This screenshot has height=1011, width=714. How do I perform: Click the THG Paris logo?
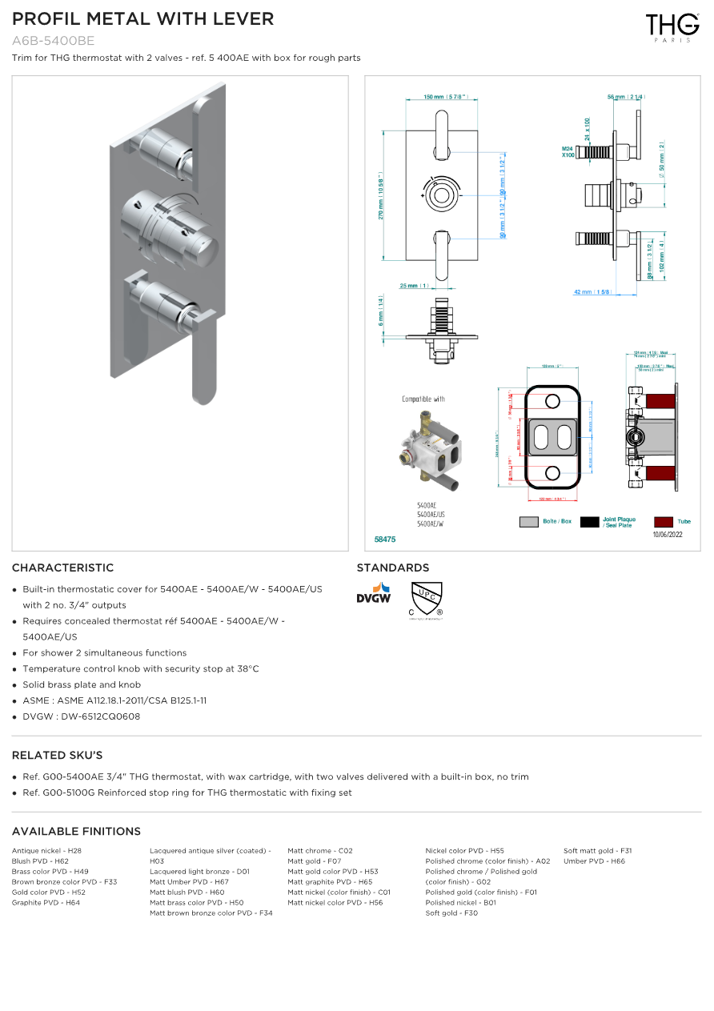click(672, 26)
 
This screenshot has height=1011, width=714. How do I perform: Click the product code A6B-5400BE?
click(54, 41)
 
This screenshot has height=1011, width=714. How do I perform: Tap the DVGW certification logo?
click(373, 593)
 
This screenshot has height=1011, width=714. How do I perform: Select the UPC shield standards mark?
click(426, 600)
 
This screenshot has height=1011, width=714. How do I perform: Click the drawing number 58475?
click(385, 540)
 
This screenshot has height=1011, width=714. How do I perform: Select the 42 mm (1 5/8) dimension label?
click(592, 292)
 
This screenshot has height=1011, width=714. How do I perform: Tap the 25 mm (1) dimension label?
click(415, 286)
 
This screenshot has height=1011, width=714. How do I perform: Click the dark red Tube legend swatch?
click(663, 522)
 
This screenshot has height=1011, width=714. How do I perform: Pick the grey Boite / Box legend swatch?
click(528, 522)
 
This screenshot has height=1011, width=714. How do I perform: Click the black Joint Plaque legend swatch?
click(589, 522)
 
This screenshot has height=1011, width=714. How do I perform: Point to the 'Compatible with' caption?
click(423, 399)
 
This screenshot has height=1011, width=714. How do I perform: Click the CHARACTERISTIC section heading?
click(62, 568)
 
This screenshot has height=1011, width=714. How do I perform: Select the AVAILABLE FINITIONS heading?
click(76, 831)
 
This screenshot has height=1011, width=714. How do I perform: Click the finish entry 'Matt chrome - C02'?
click(320, 851)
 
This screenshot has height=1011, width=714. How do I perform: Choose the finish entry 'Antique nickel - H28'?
click(46, 851)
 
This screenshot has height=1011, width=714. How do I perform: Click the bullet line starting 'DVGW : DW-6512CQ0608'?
click(81, 716)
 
